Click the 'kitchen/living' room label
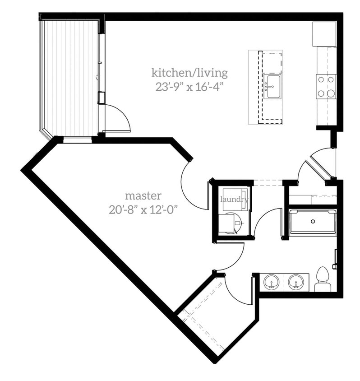pos(189,72)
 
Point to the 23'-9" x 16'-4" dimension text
pos(189,86)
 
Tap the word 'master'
pos(143,195)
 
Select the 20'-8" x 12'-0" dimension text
pos(143,210)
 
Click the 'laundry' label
pos(234,199)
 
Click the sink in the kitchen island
pos(272,86)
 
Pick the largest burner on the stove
pos(331,93)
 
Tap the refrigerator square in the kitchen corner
pos(324,34)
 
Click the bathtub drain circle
pos(312,222)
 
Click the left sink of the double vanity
pos(272,282)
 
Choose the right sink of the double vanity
pos(296,282)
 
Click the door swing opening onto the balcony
pos(118,118)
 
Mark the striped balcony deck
pos(70,77)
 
